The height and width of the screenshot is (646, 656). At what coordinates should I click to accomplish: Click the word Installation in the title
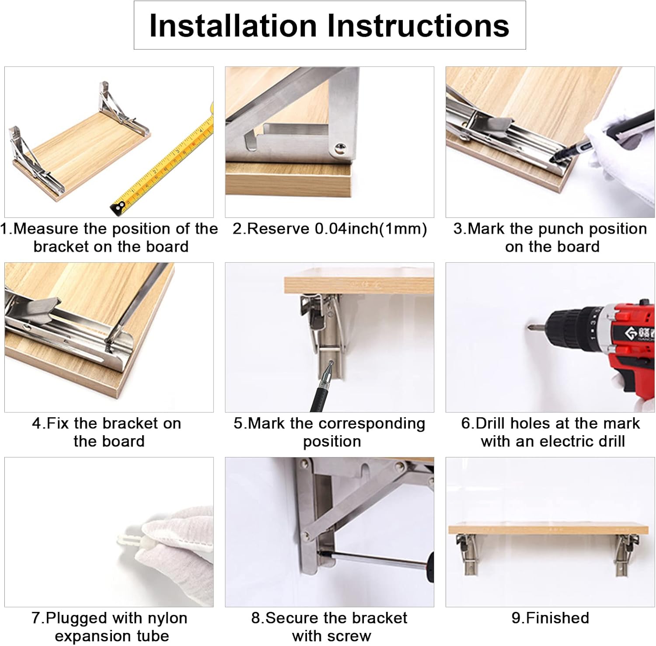coord(233,26)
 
